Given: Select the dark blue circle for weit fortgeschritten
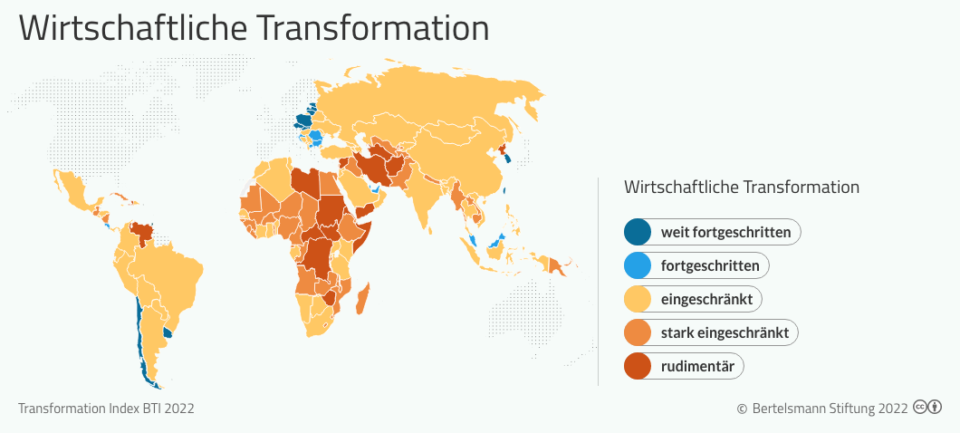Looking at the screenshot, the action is coord(638,232).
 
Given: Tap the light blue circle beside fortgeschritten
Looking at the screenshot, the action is coord(638,265).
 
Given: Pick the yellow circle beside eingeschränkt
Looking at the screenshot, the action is coord(638,300).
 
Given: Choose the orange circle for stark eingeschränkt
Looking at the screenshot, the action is coord(638,333).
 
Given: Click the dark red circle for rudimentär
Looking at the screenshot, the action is coord(638,366).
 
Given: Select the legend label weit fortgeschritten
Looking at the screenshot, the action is coord(725,233).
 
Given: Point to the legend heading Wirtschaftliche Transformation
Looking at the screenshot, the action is coord(742,187).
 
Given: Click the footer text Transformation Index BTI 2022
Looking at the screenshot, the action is coord(106,408).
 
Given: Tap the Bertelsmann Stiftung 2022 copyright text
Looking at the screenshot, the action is coord(823,408).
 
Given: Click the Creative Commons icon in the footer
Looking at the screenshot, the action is coord(926,407).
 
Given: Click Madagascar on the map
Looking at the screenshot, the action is coord(362,299).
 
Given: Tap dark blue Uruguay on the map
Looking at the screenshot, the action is coord(169,333).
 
